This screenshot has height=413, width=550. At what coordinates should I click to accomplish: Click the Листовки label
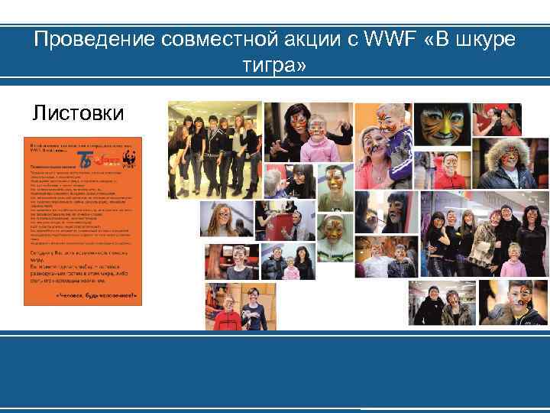click(76, 114)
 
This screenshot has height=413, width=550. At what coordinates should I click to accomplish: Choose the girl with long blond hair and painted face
click(221, 219)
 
